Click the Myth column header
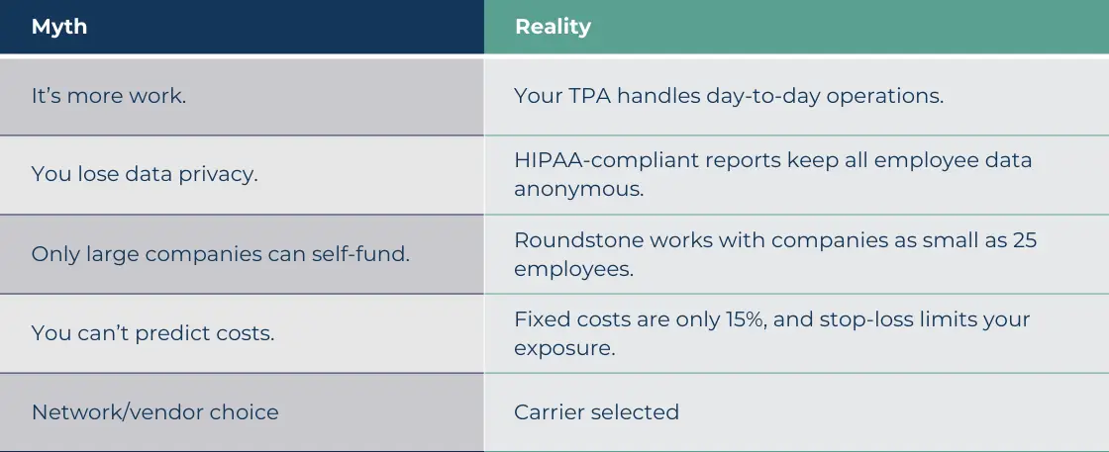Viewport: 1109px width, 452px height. pyautogui.click(x=59, y=27)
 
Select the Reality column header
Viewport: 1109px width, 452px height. pyautogui.click(x=553, y=27)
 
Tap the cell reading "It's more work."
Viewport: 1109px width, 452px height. pyautogui.click(x=109, y=96)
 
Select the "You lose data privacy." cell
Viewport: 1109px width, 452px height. pyautogui.click(x=145, y=175)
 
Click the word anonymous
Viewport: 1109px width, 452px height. pyautogui.click(x=578, y=188)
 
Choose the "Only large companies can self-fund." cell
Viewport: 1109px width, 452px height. pyautogui.click(x=221, y=254)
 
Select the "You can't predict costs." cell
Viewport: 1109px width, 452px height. pyautogui.click(x=153, y=333)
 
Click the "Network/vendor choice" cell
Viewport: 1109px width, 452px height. pyautogui.click(x=155, y=412)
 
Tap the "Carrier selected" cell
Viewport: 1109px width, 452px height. pyautogui.click(x=596, y=412)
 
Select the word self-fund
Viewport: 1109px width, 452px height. pyautogui.click(x=363, y=254)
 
